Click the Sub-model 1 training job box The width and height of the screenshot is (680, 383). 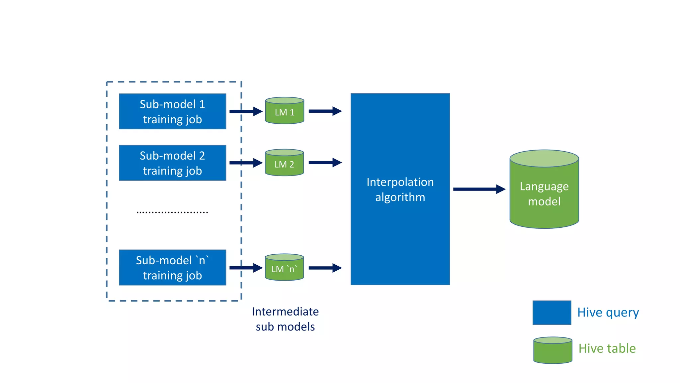[172, 111]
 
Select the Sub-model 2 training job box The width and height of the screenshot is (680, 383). [172, 163]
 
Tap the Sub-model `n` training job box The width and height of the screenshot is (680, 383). [172, 268]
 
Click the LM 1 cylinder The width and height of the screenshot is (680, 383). [285, 111]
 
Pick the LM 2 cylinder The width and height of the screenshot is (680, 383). [284, 163]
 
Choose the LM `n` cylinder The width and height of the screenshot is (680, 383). [284, 268]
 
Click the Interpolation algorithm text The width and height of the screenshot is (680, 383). [400, 190]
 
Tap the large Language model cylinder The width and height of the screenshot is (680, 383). [544, 193]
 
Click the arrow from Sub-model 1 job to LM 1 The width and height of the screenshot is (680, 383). [246, 111]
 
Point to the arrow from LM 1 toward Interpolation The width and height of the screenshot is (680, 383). [325, 111]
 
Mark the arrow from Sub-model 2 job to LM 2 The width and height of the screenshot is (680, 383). [246, 163]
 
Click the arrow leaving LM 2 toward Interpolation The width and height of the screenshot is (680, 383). [325, 163]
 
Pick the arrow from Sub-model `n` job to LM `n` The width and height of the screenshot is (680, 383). [246, 268]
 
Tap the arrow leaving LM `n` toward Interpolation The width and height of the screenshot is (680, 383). [325, 268]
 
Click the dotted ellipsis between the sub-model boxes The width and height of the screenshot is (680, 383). [172, 212]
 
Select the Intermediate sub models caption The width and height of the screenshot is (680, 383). [285, 319]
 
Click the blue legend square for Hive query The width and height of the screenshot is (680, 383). [552, 313]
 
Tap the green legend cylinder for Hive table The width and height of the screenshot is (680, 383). [553, 350]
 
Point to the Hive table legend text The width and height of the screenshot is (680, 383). [607, 348]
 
